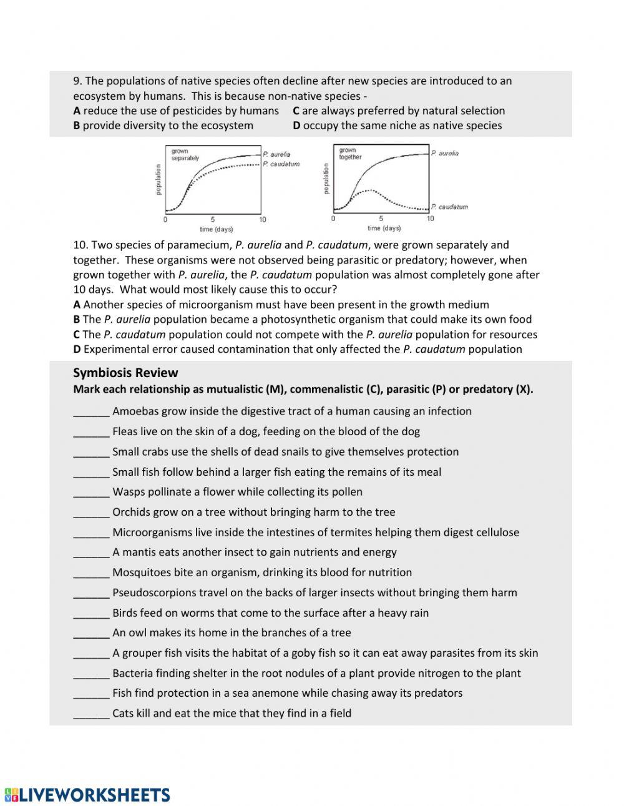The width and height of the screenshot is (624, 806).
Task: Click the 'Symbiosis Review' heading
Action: click(125, 373)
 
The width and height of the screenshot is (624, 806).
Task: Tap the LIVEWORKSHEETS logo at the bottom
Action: click(87, 795)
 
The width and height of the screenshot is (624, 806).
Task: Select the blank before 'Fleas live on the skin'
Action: click(91, 432)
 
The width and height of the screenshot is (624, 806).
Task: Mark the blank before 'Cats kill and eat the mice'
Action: click(91, 714)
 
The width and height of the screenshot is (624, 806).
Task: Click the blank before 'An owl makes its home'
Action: click(91, 633)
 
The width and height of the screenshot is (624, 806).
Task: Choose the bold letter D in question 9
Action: click(296, 125)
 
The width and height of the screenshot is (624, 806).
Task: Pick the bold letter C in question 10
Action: click(77, 335)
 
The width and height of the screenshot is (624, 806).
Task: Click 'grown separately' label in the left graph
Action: click(185, 155)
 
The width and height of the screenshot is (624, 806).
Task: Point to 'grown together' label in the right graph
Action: click(350, 154)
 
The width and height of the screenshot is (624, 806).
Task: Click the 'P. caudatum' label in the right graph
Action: click(449, 207)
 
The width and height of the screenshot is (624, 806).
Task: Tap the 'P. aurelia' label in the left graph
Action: click(276, 154)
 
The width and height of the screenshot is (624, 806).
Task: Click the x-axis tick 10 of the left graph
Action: click(263, 220)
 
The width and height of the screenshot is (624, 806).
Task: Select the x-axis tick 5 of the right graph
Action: click(381, 219)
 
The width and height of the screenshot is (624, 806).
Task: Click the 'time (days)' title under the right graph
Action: click(384, 229)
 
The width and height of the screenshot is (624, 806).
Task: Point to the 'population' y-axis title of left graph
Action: click(158, 179)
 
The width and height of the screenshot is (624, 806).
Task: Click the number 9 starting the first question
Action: click(77, 81)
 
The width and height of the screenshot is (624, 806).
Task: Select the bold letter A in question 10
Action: click(77, 305)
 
